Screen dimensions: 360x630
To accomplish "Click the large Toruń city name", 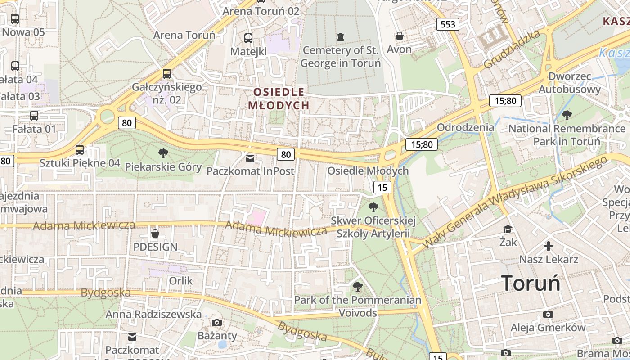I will (531, 283).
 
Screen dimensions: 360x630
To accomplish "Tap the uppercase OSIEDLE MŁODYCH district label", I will (279, 99).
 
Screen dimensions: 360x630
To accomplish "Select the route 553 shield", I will (448, 24).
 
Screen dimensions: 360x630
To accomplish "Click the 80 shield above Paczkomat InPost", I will (286, 154).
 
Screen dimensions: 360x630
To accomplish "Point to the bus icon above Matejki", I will (248, 38).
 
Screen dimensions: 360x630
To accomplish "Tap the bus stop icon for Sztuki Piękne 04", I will (80, 149).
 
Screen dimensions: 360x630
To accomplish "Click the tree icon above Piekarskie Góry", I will (163, 153).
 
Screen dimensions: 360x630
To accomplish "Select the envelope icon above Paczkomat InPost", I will (250, 158).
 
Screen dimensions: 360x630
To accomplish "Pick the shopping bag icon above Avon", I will (399, 36).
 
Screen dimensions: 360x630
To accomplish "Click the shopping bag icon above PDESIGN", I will (155, 234).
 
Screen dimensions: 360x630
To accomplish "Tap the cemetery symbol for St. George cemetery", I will (341, 36).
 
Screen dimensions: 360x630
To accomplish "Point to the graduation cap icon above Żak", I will (508, 229).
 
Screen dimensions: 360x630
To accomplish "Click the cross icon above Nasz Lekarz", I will (548, 246).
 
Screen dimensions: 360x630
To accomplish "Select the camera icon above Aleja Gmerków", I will (548, 314).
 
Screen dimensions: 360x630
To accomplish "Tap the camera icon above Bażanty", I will (217, 322).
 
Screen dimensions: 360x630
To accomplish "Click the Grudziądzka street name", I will (512, 49).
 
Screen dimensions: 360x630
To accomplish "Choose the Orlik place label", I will (180, 281).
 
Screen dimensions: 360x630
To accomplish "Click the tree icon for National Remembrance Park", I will (567, 115).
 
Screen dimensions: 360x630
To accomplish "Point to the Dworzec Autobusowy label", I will (570, 83).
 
